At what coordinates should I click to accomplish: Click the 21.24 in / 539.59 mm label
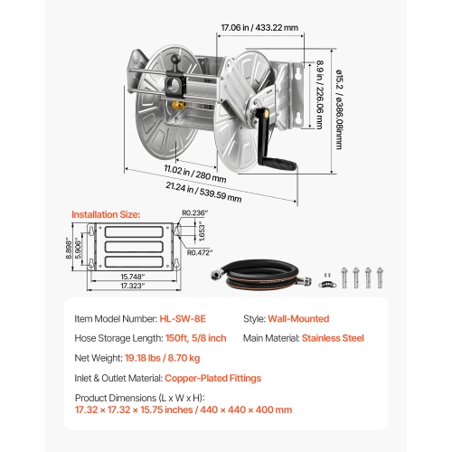point(202,192)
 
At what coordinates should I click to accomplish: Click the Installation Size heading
point(106,214)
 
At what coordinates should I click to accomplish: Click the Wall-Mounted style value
point(299,318)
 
